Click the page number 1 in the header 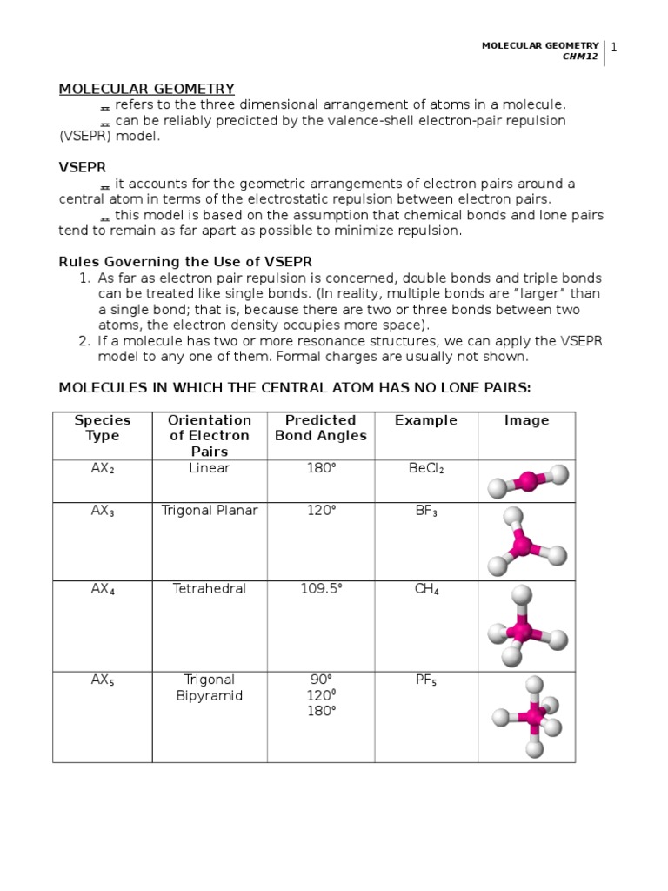614,47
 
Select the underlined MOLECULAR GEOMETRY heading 146,89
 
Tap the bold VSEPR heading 83,167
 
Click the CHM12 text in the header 580,57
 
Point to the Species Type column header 103,428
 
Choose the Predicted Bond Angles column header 321,428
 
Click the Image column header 526,420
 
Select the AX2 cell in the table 104,469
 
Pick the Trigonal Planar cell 210,511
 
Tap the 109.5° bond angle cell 321,589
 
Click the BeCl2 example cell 425,469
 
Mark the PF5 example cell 425,680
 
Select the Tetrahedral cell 210,589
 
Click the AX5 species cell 104,680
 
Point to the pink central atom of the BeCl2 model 528,479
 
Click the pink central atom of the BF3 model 522,546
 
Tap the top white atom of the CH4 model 522,595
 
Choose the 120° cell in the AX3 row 321,511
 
